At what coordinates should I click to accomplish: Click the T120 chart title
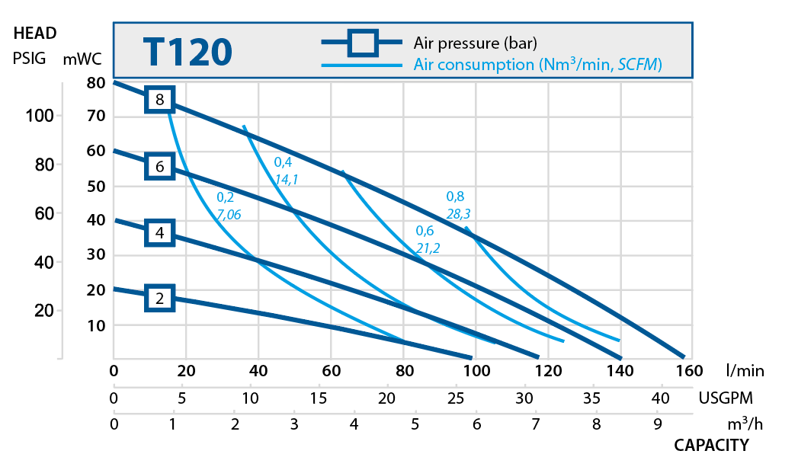[x=187, y=52]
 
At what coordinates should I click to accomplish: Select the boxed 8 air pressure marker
[x=160, y=99]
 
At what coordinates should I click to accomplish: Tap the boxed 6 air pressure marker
[x=160, y=166]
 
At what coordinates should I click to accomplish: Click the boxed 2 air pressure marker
[x=160, y=299]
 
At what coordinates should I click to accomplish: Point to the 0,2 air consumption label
[x=225, y=197]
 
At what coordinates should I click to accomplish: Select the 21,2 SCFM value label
[x=428, y=248]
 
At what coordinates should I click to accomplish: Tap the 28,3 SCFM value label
[x=458, y=214]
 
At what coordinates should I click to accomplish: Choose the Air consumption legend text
[x=537, y=65]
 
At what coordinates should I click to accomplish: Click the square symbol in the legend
[x=363, y=43]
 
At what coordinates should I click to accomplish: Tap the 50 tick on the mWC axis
[x=95, y=186]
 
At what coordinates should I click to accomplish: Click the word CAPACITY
[x=711, y=445]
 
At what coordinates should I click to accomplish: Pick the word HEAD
[x=35, y=34]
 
